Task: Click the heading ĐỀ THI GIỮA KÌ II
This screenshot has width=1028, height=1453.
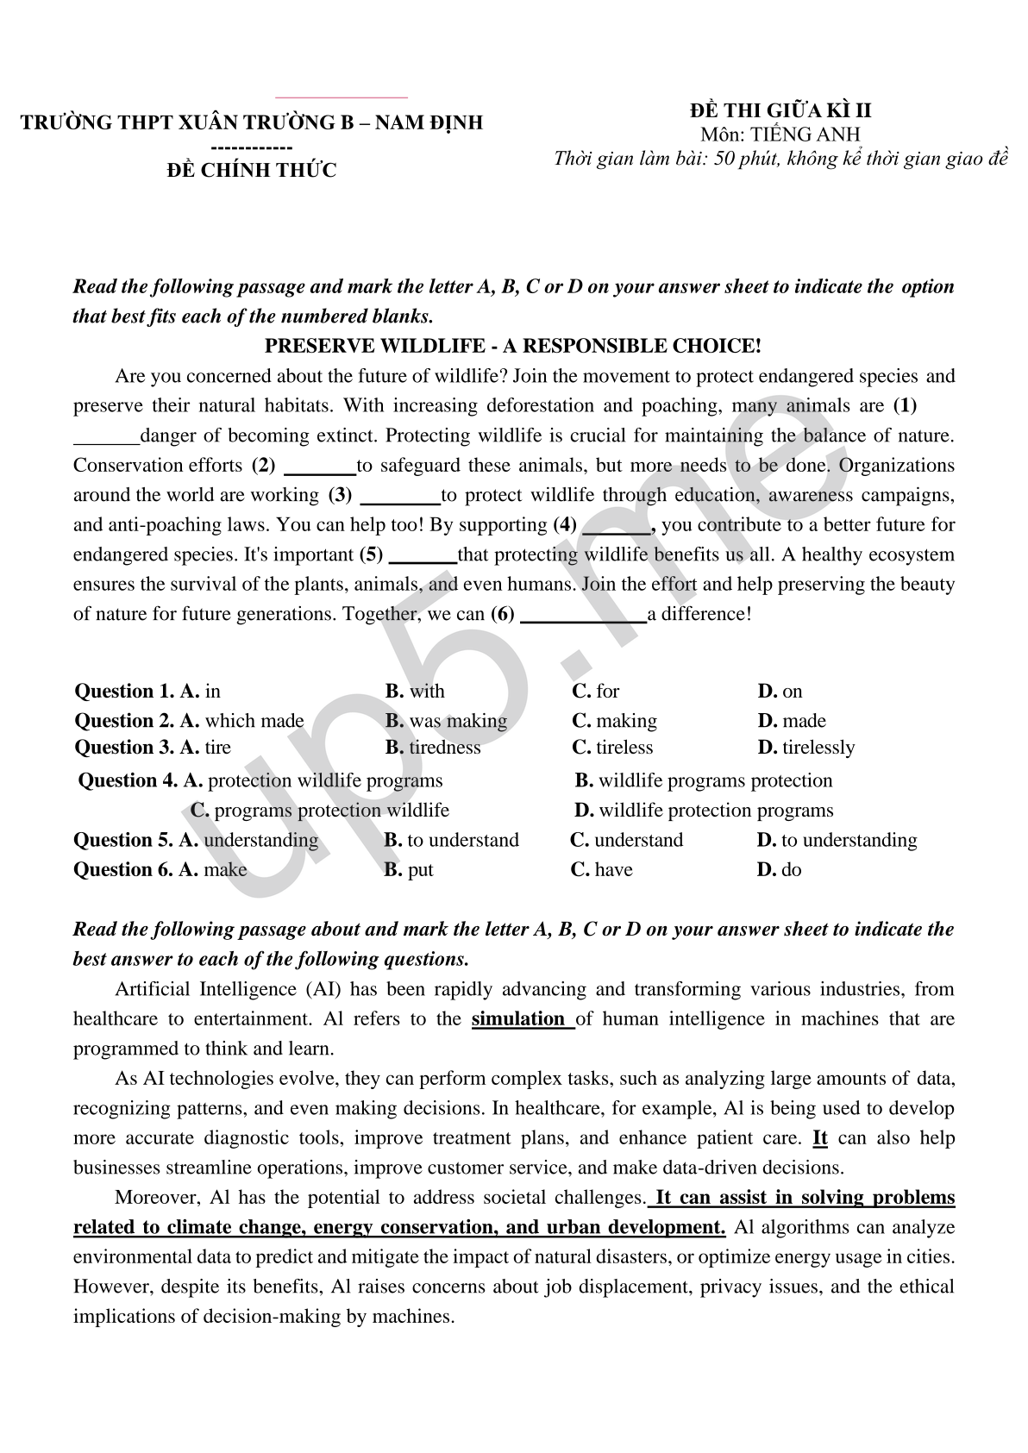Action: (x=780, y=111)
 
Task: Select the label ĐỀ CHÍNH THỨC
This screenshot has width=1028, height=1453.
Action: (x=251, y=171)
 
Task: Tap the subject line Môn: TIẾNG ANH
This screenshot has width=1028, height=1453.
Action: (x=780, y=135)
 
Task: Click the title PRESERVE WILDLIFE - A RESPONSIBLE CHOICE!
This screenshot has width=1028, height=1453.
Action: (x=512, y=347)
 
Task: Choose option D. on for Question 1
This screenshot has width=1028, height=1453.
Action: (x=780, y=692)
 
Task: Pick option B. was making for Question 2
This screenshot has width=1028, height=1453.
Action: (x=446, y=721)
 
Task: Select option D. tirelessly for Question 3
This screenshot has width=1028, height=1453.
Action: (x=805, y=748)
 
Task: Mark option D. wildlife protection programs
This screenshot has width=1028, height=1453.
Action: (x=704, y=811)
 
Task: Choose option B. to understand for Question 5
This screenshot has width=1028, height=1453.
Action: (x=451, y=841)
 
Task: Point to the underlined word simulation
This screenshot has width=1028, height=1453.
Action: (x=517, y=1019)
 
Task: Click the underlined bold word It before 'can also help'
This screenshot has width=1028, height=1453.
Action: (x=820, y=1138)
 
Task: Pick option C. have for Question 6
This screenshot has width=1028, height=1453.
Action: (x=601, y=870)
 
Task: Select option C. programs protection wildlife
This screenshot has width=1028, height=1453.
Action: (x=320, y=811)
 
